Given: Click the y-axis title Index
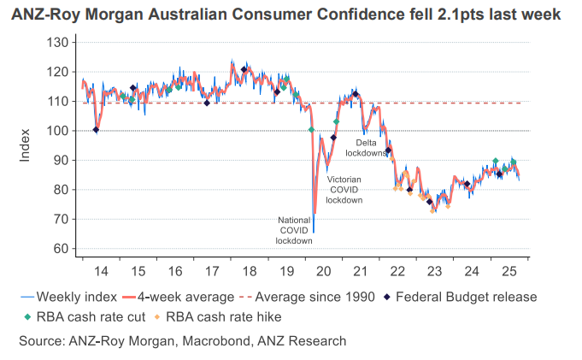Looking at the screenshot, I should tap(26, 145).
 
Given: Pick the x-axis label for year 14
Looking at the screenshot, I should tap(101, 271).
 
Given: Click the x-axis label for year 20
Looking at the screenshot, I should tap(324, 271).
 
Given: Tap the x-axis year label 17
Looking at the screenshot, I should tap(212, 271).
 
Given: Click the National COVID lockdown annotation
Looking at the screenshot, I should tap(296, 230).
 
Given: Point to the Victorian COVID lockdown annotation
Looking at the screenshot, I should tap(344, 189).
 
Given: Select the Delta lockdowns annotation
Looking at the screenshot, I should tap(367, 148).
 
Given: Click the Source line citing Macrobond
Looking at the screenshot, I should tap(182, 340).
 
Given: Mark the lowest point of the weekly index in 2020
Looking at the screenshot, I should tap(314, 233).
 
